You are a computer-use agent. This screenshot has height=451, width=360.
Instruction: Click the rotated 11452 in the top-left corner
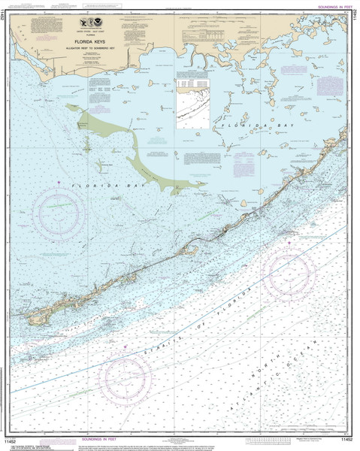tap(5, 18)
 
